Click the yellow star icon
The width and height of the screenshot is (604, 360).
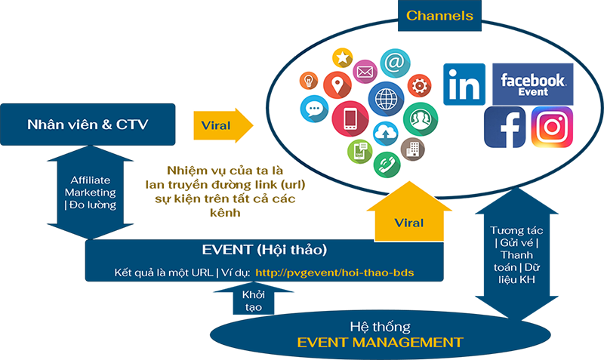[344, 57]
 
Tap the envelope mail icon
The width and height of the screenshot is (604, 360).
[365, 73]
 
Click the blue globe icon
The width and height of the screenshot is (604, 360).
[386, 99]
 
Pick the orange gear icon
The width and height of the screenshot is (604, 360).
[418, 84]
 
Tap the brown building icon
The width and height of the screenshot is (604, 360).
[412, 148]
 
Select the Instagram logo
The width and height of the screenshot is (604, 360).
[552, 127]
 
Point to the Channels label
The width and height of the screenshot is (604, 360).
[439, 15]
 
